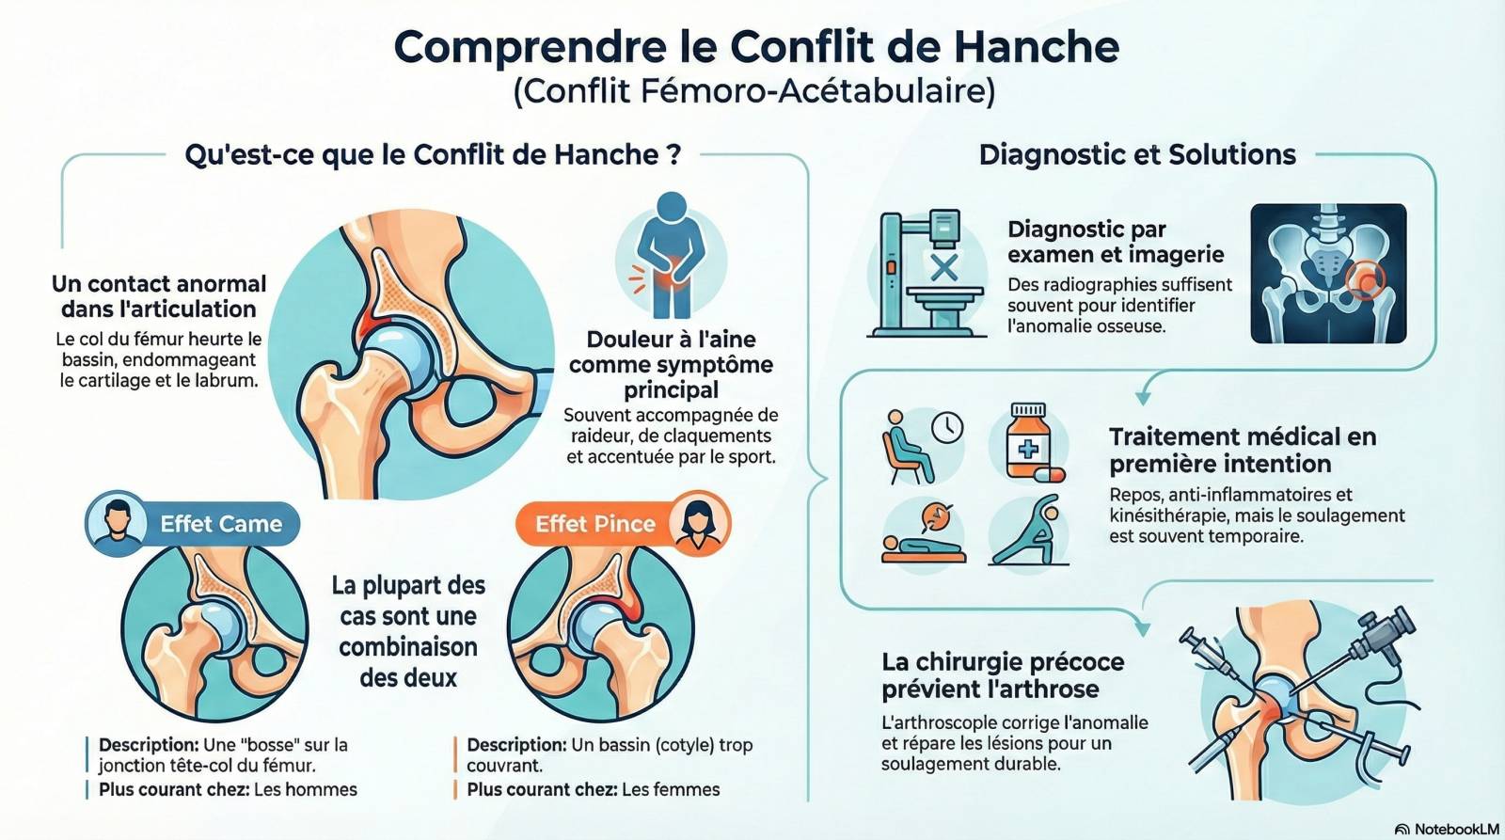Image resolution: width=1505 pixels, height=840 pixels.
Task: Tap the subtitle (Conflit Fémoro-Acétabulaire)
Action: [x=753, y=90]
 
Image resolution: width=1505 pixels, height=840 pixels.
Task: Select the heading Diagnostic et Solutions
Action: [x=1137, y=154]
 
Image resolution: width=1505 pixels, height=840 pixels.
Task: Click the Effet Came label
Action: [x=221, y=524]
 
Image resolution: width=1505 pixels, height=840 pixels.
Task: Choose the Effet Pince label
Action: [x=595, y=524]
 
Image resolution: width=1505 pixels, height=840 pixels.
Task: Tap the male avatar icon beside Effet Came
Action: [x=117, y=523]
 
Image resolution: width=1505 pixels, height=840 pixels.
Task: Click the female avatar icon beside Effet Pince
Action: [x=699, y=523]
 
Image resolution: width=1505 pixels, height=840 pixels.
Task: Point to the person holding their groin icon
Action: [x=672, y=256]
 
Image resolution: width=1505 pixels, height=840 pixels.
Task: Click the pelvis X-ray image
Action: [x=1328, y=274]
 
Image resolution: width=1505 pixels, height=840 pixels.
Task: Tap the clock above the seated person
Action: [x=947, y=427]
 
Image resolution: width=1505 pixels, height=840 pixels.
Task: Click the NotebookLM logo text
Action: [x=1457, y=830]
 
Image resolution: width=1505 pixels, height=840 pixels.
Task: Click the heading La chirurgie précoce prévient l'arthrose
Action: [x=1003, y=675]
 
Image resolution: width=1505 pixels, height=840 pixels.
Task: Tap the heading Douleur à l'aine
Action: [x=672, y=340]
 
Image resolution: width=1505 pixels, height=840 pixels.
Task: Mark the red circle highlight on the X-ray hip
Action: [x=1365, y=280]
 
